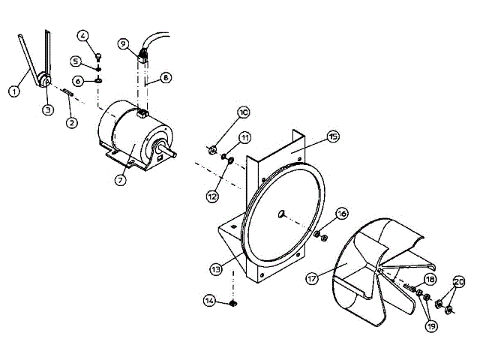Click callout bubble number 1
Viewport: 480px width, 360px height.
click(x=13, y=91)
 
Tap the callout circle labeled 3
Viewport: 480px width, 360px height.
click(x=47, y=109)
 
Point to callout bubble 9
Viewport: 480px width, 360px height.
click(x=123, y=43)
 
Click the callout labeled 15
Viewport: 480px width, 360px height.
click(x=333, y=136)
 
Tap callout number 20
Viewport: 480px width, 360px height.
click(x=459, y=283)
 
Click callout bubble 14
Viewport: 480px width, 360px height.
click(x=211, y=301)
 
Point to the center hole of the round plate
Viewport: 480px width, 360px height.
click(x=282, y=214)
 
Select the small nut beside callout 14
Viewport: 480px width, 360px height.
click(x=232, y=303)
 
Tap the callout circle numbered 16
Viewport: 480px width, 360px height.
click(x=341, y=214)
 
